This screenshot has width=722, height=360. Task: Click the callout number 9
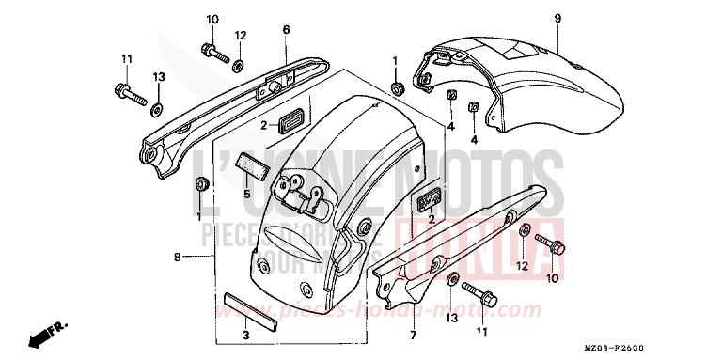pos(557,18)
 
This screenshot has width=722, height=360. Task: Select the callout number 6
pos(286,29)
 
